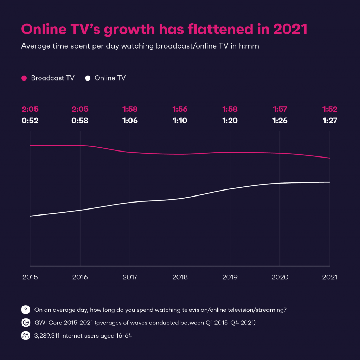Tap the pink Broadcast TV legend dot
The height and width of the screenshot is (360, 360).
(24, 78)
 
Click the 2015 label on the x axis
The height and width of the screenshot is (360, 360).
(30, 277)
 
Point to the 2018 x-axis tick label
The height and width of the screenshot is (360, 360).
(180, 277)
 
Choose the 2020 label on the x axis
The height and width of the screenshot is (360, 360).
(280, 277)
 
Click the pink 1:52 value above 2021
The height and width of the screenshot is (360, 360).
(330, 110)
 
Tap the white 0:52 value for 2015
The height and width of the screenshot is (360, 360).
(30, 121)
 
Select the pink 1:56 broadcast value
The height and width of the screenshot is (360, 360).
(180, 110)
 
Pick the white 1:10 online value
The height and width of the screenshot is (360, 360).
(180, 121)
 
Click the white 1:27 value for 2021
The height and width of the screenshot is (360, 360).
(330, 121)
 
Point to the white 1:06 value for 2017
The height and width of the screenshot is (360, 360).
(130, 121)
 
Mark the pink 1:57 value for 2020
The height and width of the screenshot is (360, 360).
(280, 110)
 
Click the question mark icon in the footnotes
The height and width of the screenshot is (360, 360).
(26, 310)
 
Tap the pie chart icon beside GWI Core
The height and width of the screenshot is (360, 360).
(26, 323)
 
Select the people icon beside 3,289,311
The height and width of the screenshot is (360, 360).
(26, 335)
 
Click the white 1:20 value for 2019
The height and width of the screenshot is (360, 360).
(230, 121)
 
